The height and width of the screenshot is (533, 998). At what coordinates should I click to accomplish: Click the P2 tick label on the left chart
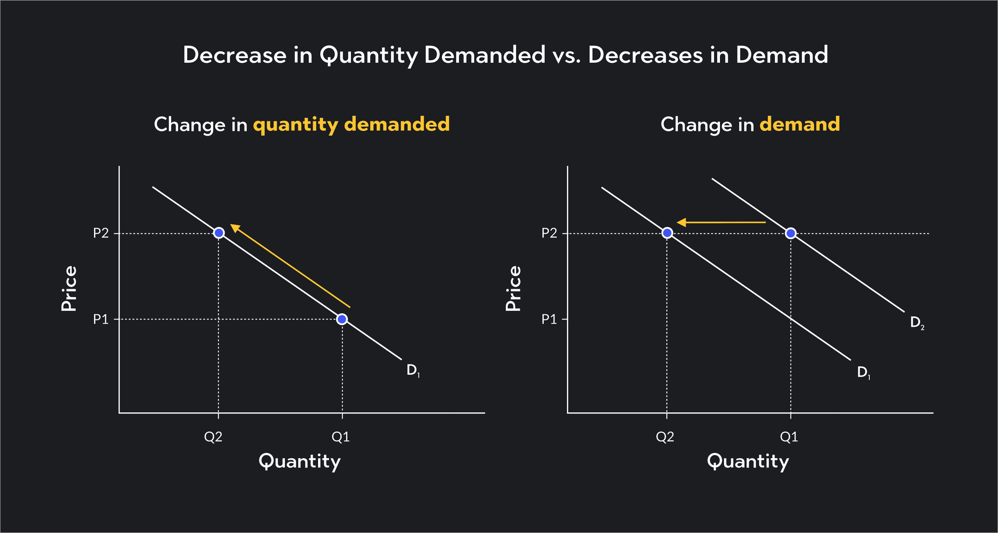[101, 233]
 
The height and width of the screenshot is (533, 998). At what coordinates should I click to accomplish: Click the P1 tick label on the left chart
[101, 319]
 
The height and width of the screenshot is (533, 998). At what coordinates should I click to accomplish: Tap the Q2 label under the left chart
[213, 437]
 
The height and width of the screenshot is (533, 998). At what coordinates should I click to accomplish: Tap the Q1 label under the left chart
[341, 437]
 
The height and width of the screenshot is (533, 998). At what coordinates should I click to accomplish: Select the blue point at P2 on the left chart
[219, 233]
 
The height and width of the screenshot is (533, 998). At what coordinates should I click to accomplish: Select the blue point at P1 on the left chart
[342, 319]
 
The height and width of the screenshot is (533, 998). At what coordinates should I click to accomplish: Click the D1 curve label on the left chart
[413, 370]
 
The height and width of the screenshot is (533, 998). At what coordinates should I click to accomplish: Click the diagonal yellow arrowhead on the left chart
[235, 228]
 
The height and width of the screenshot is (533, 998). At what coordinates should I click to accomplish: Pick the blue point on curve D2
[791, 233]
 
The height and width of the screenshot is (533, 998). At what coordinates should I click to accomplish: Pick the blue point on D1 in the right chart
[667, 233]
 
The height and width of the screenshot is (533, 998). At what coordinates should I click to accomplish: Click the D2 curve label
[917, 323]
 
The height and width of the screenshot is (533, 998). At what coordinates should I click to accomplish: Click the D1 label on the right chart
[863, 372]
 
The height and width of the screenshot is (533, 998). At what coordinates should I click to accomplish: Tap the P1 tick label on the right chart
[549, 319]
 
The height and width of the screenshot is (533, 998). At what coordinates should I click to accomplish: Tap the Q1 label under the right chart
[789, 437]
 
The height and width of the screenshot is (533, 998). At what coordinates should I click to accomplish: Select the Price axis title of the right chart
[513, 288]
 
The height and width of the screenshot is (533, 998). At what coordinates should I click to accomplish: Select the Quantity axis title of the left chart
[299, 461]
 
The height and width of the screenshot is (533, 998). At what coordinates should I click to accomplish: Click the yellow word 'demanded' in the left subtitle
[397, 124]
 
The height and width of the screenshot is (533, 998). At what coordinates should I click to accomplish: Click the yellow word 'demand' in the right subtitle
[799, 124]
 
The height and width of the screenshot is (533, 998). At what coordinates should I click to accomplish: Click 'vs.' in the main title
[567, 55]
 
